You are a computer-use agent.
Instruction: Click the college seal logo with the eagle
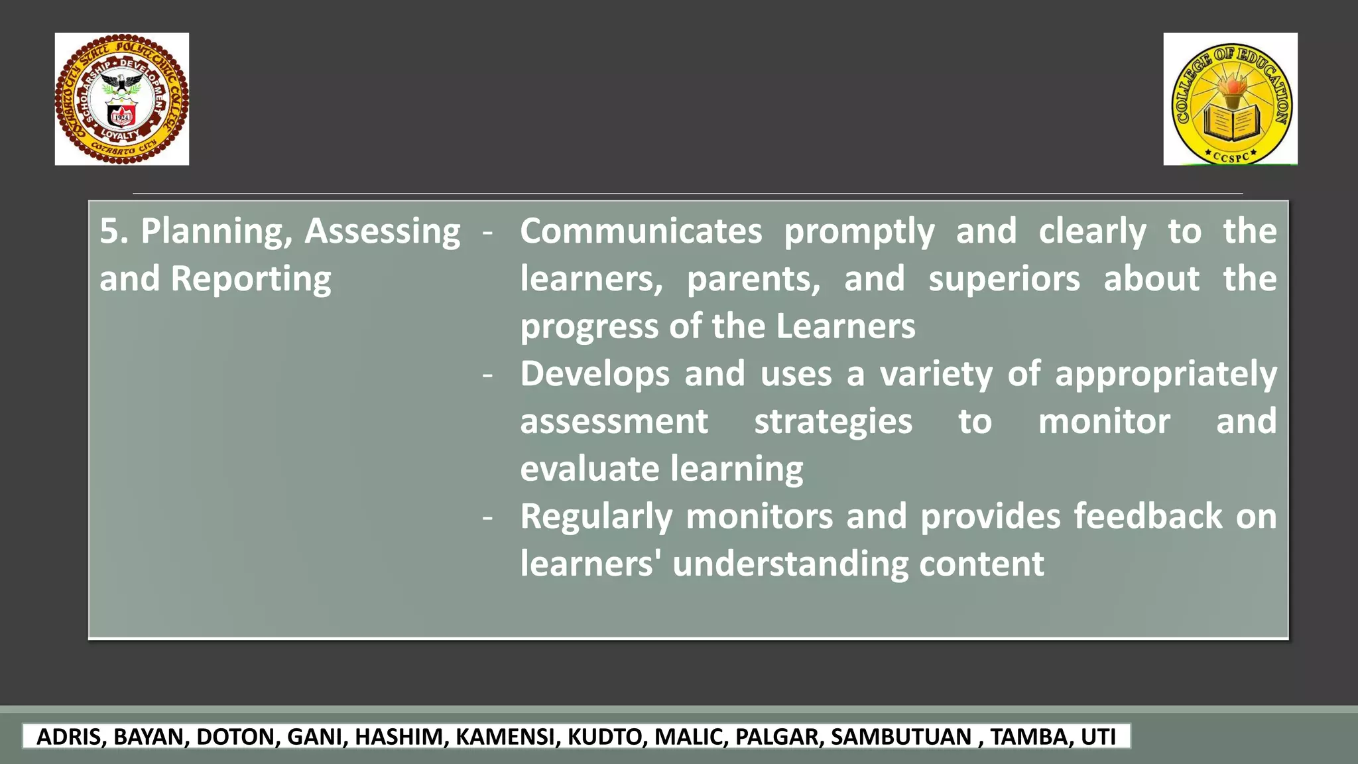pyautogui.click(x=122, y=99)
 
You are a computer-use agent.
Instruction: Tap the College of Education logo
pyautogui.click(x=1230, y=99)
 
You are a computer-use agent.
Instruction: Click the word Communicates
pyautogui.click(x=641, y=231)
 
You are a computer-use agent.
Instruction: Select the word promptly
pyautogui.click(x=859, y=231)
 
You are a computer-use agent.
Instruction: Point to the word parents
pyautogui.click(x=753, y=279)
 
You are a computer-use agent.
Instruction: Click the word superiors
pyautogui.click(x=1004, y=279)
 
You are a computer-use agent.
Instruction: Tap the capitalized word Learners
pyautogui.click(x=845, y=326)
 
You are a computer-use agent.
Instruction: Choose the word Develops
pyautogui.click(x=595, y=374)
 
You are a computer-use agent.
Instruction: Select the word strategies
pyautogui.click(x=833, y=422)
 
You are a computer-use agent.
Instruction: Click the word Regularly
pyautogui.click(x=596, y=517)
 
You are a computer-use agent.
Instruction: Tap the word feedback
pyautogui.click(x=1148, y=517)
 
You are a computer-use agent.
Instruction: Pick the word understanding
pyautogui.click(x=790, y=564)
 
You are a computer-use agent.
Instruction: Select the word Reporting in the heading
pyautogui.click(x=251, y=279)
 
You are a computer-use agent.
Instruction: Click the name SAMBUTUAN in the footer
pyautogui.click(x=900, y=737)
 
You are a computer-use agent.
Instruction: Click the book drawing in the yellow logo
pyautogui.click(x=1231, y=124)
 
